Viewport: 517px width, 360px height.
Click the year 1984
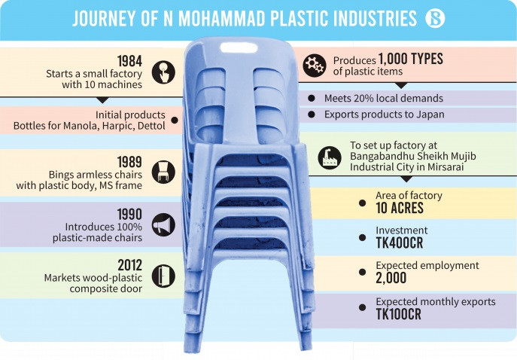(x=129, y=61)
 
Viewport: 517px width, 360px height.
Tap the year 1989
(x=129, y=162)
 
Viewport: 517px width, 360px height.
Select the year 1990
(x=129, y=215)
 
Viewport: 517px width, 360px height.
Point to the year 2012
(x=130, y=265)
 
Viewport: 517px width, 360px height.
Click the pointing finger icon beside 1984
(x=163, y=72)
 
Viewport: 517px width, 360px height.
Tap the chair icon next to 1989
(x=163, y=172)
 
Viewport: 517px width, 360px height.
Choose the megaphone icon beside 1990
(x=163, y=224)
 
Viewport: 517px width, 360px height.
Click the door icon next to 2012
(x=163, y=276)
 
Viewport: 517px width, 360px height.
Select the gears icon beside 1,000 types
(x=315, y=66)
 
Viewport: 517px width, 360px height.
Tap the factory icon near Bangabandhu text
(x=330, y=157)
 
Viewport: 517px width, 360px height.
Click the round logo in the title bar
(x=435, y=18)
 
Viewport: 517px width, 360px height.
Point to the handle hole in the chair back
(x=239, y=47)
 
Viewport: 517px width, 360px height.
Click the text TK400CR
(x=400, y=243)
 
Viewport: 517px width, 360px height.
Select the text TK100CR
(x=399, y=315)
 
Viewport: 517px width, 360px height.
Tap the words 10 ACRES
(x=400, y=208)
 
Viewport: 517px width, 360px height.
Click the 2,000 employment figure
(x=391, y=278)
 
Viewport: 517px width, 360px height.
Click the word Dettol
(x=151, y=126)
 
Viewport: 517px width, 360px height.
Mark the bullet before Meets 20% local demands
(x=312, y=98)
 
